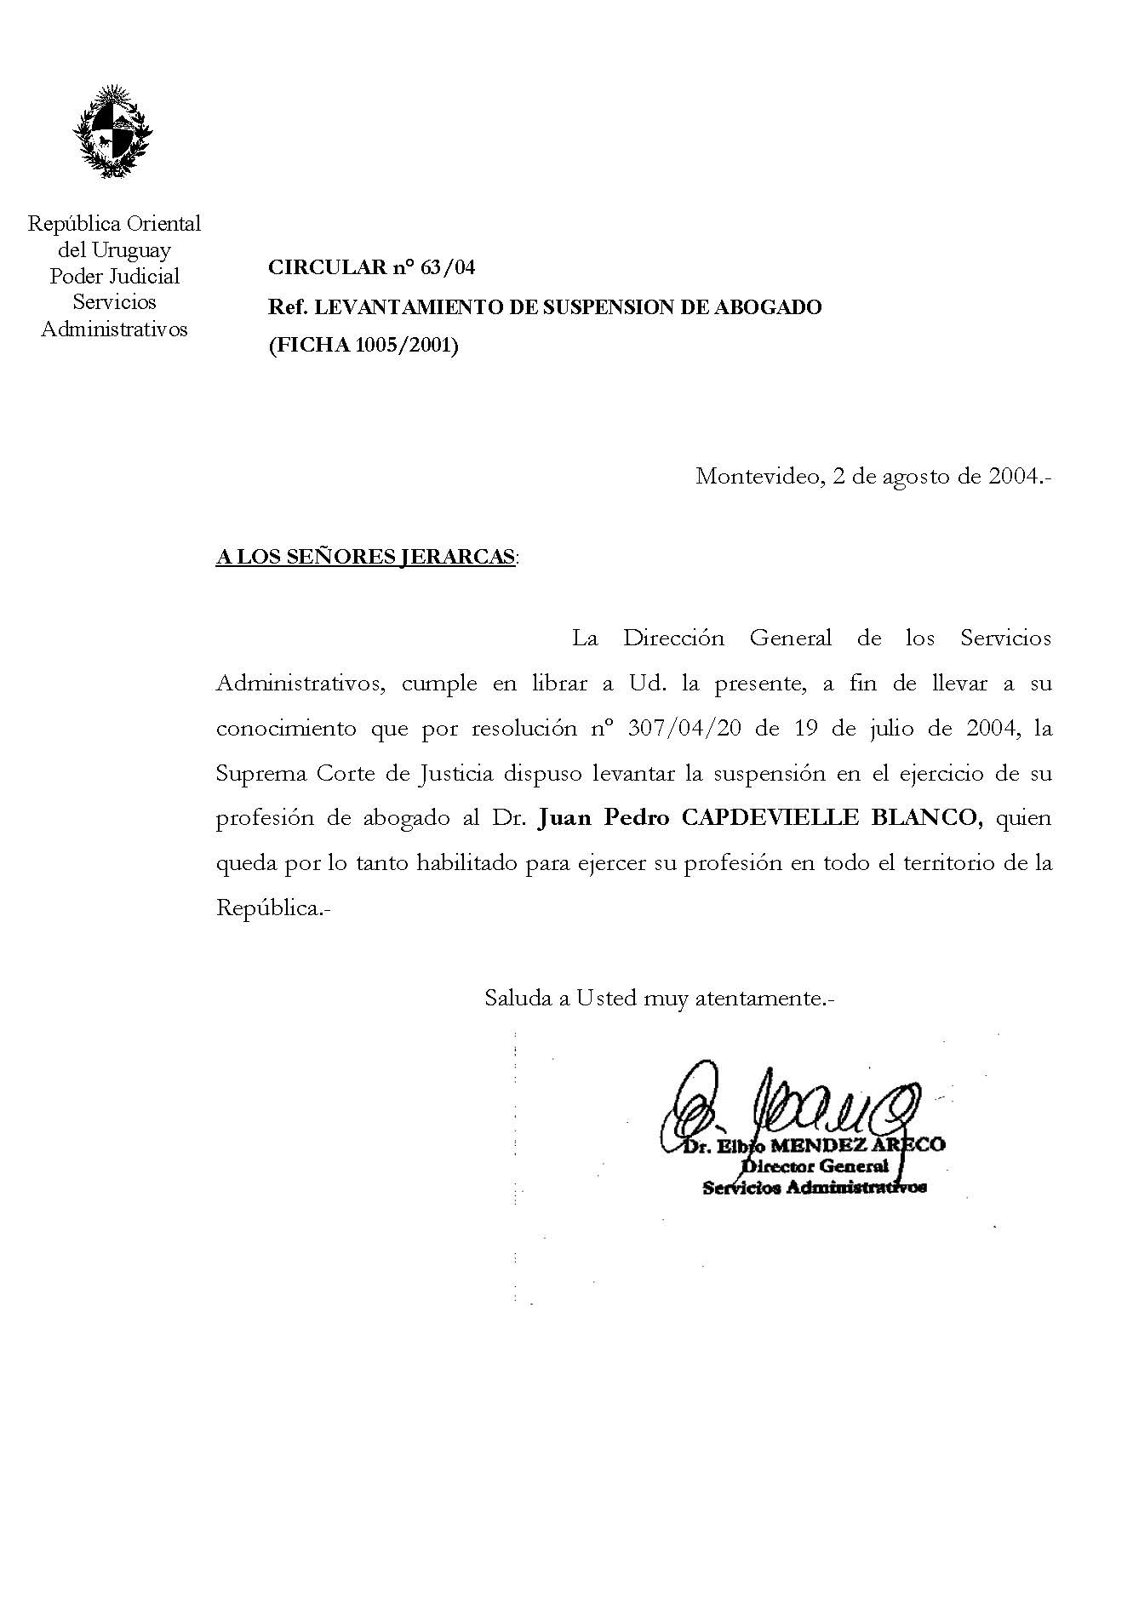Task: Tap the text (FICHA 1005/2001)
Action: coord(363,346)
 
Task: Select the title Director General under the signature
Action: coord(815,1166)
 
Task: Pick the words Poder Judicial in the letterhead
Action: coord(115,276)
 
